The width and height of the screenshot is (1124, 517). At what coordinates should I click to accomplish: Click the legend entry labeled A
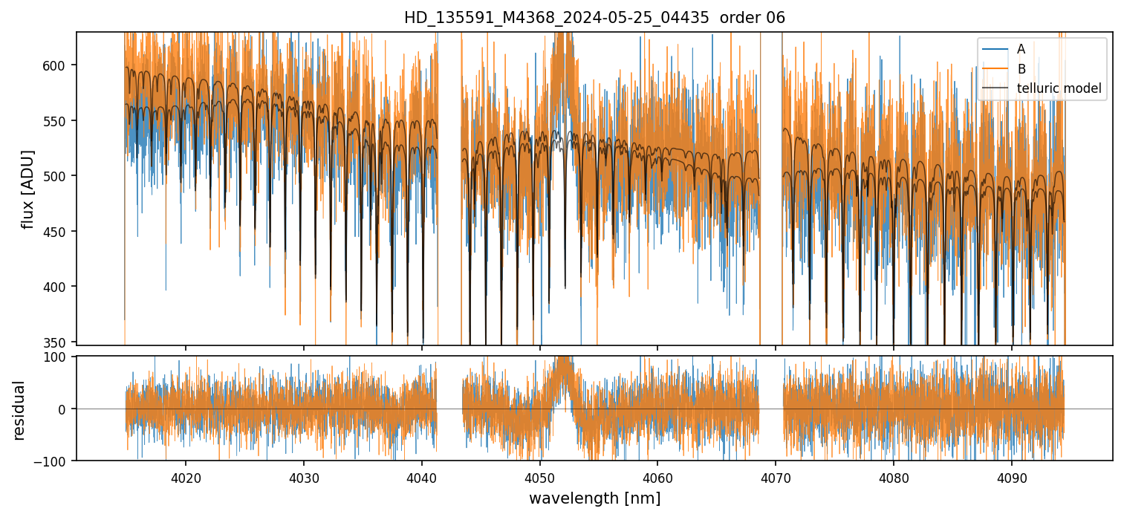click(1021, 49)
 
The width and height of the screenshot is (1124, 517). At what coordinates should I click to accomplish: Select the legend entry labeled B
click(1021, 69)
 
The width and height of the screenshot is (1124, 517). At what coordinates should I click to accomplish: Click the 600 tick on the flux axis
click(59, 65)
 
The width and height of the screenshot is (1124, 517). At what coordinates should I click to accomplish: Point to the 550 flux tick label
click(59, 121)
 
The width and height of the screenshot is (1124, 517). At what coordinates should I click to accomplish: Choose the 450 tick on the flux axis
click(59, 232)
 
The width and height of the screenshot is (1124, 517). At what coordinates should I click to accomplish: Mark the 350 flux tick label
click(59, 342)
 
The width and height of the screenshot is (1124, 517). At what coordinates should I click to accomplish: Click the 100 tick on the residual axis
click(59, 357)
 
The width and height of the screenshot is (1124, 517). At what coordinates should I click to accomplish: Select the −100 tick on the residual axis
click(56, 461)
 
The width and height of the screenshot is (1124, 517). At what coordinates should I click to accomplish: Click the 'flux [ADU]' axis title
click(28, 189)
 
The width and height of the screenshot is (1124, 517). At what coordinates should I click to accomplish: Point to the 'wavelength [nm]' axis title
click(594, 498)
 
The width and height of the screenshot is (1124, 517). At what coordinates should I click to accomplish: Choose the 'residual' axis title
click(19, 410)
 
